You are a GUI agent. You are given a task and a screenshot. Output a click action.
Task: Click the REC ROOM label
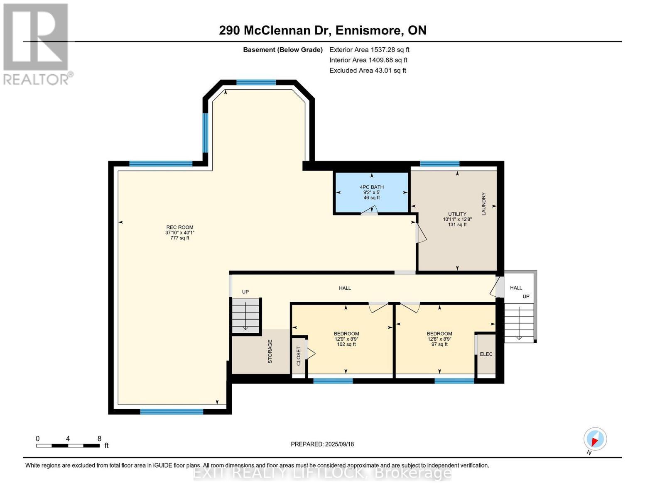[179, 227]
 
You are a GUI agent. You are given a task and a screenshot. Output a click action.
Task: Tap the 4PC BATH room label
[372, 187]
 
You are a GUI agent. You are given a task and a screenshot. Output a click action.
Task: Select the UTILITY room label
[457, 214]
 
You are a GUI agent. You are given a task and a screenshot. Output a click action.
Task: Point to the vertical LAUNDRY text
[483, 204]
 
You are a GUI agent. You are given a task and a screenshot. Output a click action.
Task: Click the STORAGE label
[270, 352]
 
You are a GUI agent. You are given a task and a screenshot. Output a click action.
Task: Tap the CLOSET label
[299, 356]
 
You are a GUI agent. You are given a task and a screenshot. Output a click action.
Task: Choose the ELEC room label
[486, 354]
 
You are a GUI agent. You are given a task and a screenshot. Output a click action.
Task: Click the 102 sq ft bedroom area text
[346, 344]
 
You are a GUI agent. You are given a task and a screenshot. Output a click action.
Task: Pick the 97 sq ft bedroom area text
[439, 344]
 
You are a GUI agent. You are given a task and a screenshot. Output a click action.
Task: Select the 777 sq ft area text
[179, 238]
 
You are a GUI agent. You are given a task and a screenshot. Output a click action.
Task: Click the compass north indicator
[595, 439]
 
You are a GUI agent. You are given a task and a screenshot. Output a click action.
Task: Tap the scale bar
[68, 445]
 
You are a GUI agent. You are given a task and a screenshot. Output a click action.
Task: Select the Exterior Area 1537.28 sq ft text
[369, 50]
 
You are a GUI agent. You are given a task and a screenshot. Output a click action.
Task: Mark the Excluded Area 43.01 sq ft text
[368, 71]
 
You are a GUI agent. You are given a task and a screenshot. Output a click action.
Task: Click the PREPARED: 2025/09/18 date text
[322, 444]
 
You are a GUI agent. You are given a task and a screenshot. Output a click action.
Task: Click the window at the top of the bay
[256, 83]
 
